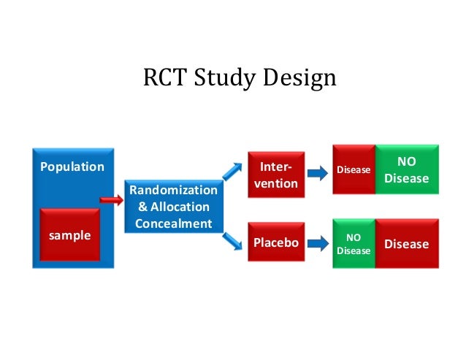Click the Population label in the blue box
click(x=72, y=166)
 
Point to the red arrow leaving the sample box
click(x=111, y=199)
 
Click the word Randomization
click(x=173, y=191)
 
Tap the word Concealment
click(x=173, y=223)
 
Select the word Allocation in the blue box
click(x=180, y=207)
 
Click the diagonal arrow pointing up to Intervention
click(x=232, y=170)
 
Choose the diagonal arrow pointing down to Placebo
click(x=232, y=239)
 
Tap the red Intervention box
click(x=275, y=175)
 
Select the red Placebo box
click(x=275, y=242)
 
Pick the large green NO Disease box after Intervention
click(x=407, y=169)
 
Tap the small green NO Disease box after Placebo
click(x=354, y=244)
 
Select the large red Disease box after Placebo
click(x=406, y=244)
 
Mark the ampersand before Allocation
click(x=142, y=207)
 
